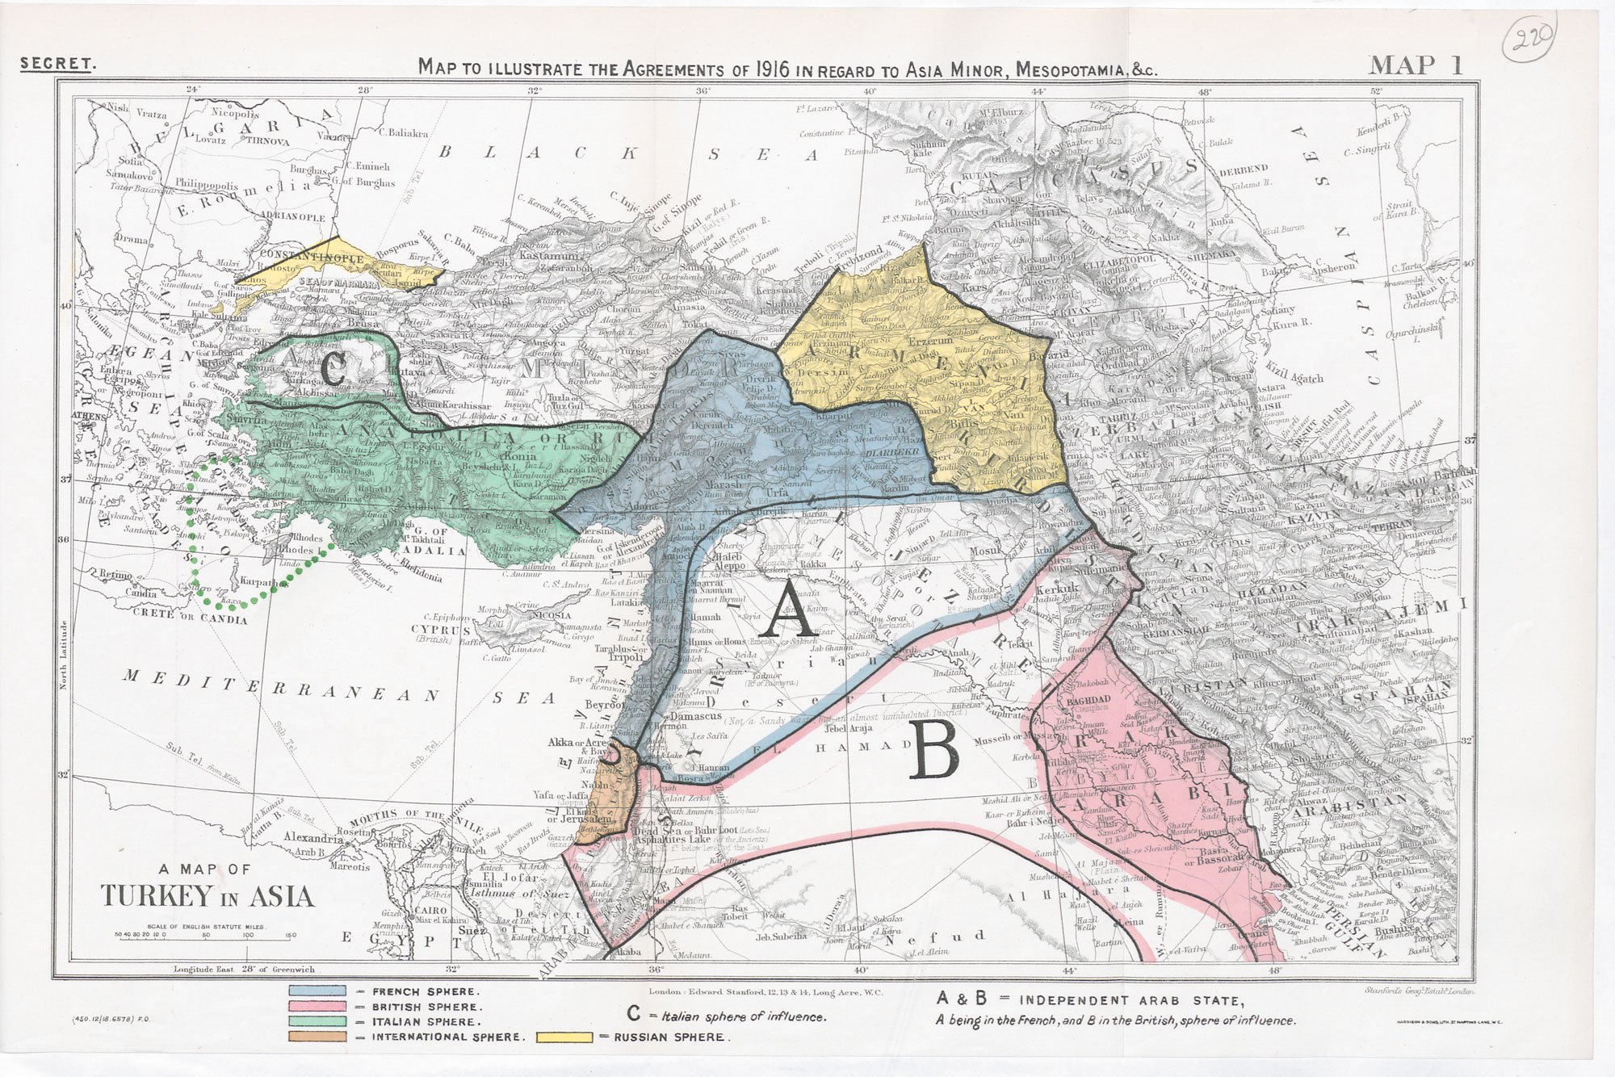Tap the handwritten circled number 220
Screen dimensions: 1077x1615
(x=1529, y=37)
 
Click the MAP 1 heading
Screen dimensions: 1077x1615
(x=1415, y=65)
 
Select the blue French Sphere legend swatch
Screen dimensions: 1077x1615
(x=317, y=991)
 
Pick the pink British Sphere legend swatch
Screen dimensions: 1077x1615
(x=317, y=1006)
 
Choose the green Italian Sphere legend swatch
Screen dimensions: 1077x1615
(x=317, y=1021)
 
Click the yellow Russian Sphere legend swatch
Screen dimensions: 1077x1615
(x=564, y=1037)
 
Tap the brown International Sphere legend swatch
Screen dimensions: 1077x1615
(x=317, y=1036)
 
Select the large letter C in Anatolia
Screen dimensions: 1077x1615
(x=332, y=371)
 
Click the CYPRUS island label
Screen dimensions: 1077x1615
(x=441, y=629)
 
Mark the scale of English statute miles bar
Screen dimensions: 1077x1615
(x=205, y=935)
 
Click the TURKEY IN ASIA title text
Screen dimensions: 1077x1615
(x=207, y=895)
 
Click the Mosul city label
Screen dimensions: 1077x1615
(x=985, y=552)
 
